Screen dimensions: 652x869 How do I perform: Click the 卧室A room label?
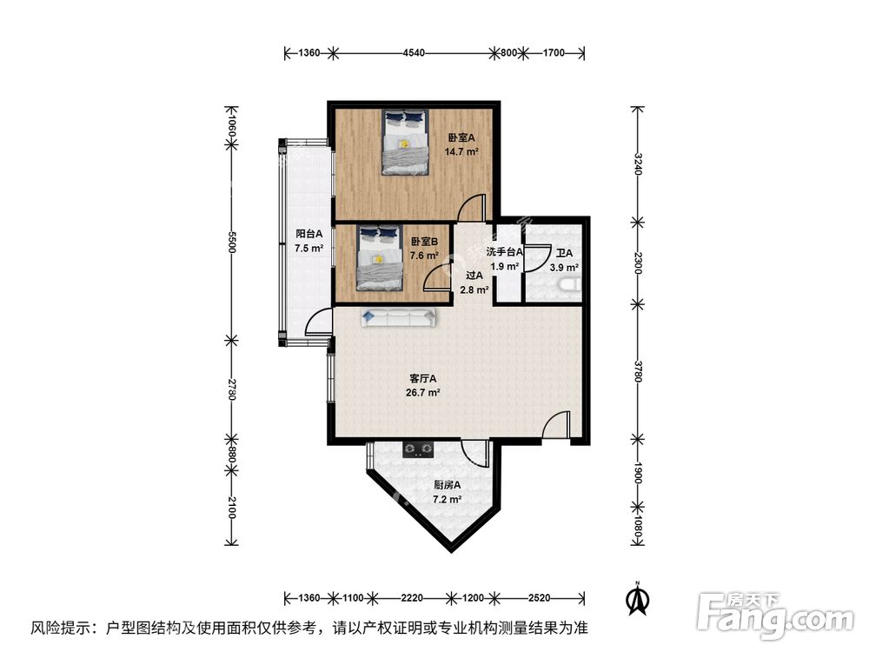pyautogui.click(x=461, y=137)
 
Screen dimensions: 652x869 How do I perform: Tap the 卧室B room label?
pyautogui.click(x=424, y=242)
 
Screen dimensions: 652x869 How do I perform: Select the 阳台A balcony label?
pyautogui.click(x=308, y=234)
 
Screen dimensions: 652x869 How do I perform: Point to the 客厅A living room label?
pyautogui.click(x=423, y=378)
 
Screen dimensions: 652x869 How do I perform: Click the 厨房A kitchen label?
pyautogui.click(x=447, y=485)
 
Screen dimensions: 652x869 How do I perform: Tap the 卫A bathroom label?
pyautogui.click(x=564, y=254)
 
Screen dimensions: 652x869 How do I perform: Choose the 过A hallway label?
pyautogui.click(x=474, y=276)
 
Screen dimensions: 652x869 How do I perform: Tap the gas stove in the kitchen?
pyautogui.click(x=418, y=449)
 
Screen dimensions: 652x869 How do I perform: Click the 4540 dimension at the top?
pyautogui.click(x=414, y=53)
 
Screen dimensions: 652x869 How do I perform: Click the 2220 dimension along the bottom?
pyautogui.click(x=412, y=598)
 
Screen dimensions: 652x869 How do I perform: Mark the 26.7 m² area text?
pyautogui.click(x=423, y=392)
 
